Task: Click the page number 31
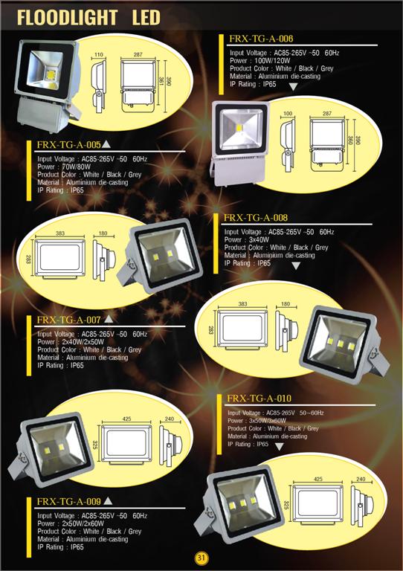(201, 558)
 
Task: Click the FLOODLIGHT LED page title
(88, 18)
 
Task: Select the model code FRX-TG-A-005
(68, 144)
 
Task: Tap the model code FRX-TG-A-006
(261, 39)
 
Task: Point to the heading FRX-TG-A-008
(256, 218)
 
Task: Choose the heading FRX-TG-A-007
(68, 320)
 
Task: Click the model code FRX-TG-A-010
(259, 398)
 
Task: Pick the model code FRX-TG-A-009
(68, 501)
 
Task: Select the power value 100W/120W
(272, 60)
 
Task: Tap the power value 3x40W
(259, 239)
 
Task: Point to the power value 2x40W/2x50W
(83, 341)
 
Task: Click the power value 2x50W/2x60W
(83, 523)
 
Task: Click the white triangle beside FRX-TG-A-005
(106, 144)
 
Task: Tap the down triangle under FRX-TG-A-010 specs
(280, 446)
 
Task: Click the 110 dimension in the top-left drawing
(99, 54)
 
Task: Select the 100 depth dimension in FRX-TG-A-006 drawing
(288, 114)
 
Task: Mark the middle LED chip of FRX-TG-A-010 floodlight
(242, 503)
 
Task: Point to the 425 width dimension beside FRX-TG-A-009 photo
(126, 419)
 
